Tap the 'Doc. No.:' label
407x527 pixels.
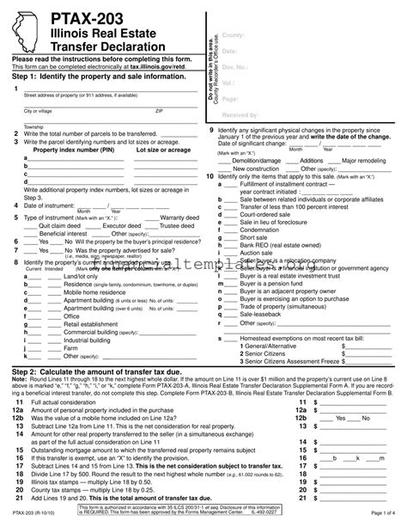click(236, 65)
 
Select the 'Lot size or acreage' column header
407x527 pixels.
click(162, 150)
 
